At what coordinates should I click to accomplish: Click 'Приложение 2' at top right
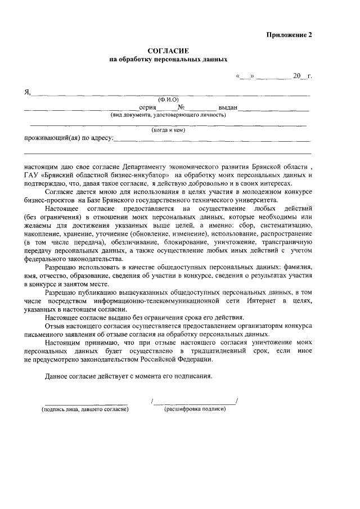(x=289, y=34)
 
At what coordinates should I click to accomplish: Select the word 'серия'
(x=147, y=107)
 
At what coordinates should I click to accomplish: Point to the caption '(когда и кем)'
(x=168, y=130)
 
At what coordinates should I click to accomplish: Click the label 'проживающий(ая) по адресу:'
(x=69, y=138)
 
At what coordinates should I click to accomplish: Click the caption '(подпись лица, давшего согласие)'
(x=82, y=409)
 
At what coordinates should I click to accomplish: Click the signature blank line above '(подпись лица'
(x=82, y=402)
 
